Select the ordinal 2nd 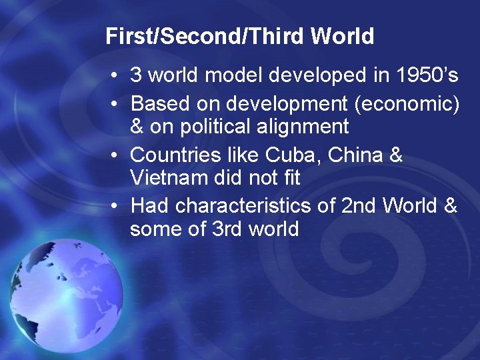[359, 205]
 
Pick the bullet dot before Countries [116, 155]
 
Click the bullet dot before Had [116, 206]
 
